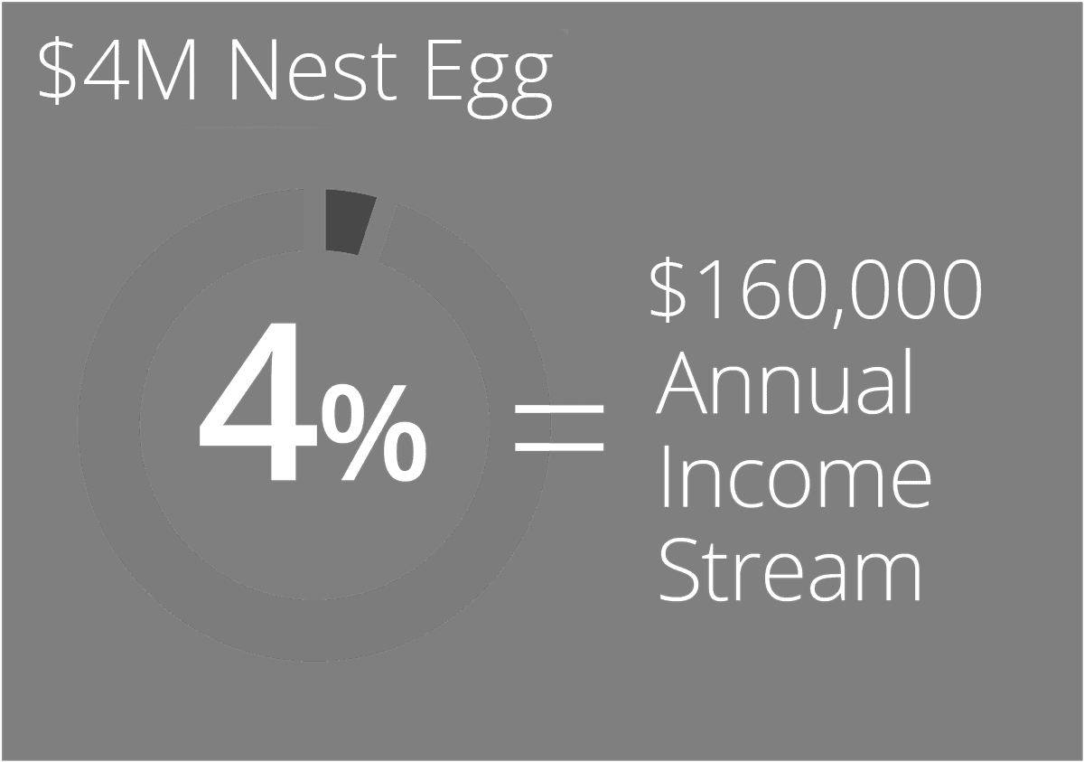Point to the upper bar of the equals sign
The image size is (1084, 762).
pos(559,411)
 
